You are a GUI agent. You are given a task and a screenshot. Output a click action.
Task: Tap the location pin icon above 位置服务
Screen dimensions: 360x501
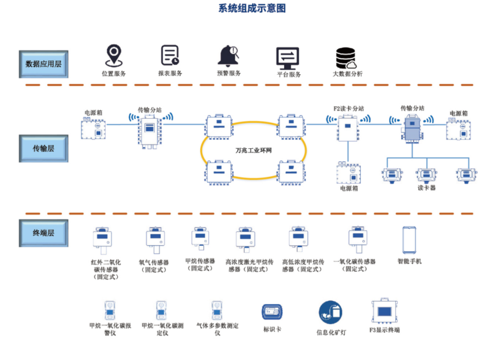tap(113, 56)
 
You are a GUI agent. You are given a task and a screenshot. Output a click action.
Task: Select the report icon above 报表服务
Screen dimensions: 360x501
tap(170, 56)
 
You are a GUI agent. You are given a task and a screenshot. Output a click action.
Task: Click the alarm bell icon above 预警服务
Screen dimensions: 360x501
tap(228, 56)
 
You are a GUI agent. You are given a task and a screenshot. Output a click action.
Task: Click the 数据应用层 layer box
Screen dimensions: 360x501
tap(43, 64)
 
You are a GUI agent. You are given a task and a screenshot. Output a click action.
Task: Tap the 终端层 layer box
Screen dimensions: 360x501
tap(43, 232)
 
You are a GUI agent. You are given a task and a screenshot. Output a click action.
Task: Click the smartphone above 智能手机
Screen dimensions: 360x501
tap(409, 239)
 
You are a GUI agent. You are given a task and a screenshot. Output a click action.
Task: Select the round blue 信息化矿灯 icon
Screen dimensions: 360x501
tap(330, 312)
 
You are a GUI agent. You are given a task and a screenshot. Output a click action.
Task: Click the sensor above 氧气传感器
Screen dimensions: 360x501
tap(155, 240)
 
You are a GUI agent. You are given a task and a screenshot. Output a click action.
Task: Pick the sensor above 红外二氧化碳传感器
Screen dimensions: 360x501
tap(104, 240)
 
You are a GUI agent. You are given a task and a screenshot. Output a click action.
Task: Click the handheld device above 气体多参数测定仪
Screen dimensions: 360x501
tap(217, 311)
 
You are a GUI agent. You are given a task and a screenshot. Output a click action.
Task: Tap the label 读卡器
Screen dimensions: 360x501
tap(426, 188)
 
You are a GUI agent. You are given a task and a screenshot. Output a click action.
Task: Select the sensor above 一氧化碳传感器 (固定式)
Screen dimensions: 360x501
tap(357, 240)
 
